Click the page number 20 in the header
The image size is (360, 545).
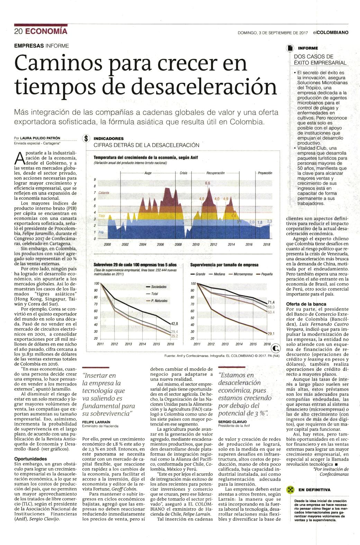(18, 32)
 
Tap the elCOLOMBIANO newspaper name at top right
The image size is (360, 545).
(331, 33)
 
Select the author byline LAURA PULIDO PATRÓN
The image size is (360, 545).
(40, 138)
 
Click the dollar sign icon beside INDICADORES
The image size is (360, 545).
(86, 139)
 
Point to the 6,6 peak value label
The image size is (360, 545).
(207, 183)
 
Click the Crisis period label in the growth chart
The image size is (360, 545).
(183, 173)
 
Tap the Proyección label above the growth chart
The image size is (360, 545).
(265, 173)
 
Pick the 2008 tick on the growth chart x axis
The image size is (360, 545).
(178, 244)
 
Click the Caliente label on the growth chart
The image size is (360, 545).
(104, 193)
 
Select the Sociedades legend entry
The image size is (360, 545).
(159, 287)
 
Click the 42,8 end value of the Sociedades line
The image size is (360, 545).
(174, 324)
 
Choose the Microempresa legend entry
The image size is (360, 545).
(243, 274)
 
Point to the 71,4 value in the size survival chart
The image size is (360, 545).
(271, 302)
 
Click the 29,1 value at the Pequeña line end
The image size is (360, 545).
(271, 333)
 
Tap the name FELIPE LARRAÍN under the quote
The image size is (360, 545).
(96, 422)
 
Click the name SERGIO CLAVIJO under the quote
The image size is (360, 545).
(232, 422)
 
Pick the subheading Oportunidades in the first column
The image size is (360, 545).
(30, 459)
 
